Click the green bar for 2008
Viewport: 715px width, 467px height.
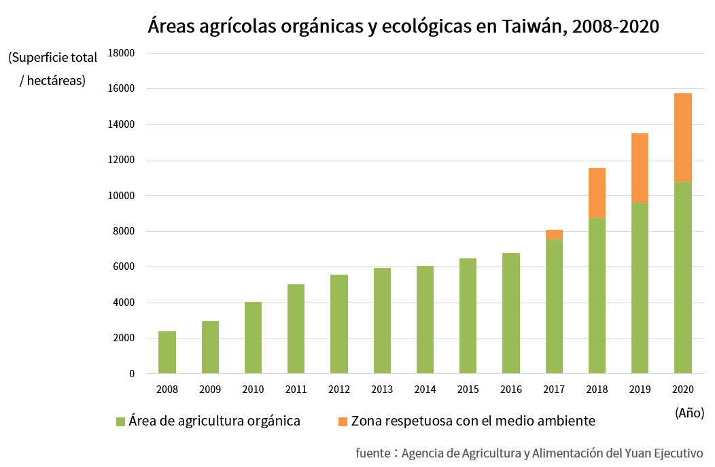[x=167, y=352]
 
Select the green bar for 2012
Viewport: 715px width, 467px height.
[x=339, y=324]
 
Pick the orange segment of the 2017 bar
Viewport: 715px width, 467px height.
[x=554, y=235]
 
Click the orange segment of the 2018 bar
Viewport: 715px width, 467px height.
[x=597, y=193]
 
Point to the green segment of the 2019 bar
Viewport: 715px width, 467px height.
[x=640, y=288]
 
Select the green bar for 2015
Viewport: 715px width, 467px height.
[x=468, y=316]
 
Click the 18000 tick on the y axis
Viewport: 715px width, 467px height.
[x=123, y=53]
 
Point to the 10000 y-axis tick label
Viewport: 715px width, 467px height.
[x=123, y=196]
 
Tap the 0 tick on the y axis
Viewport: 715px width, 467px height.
[x=132, y=374]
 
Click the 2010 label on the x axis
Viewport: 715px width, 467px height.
[x=253, y=390]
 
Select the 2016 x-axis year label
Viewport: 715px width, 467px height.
[x=510, y=390]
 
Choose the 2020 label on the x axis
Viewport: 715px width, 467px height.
[x=682, y=390]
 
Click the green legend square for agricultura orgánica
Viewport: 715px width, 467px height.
[x=120, y=421]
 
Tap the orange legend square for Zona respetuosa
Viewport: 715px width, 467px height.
[x=343, y=421]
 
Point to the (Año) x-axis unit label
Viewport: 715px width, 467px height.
[x=689, y=413]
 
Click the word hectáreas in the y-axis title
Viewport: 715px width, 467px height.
[x=57, y=80]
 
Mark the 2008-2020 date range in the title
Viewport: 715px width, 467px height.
[x=616, y=27]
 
